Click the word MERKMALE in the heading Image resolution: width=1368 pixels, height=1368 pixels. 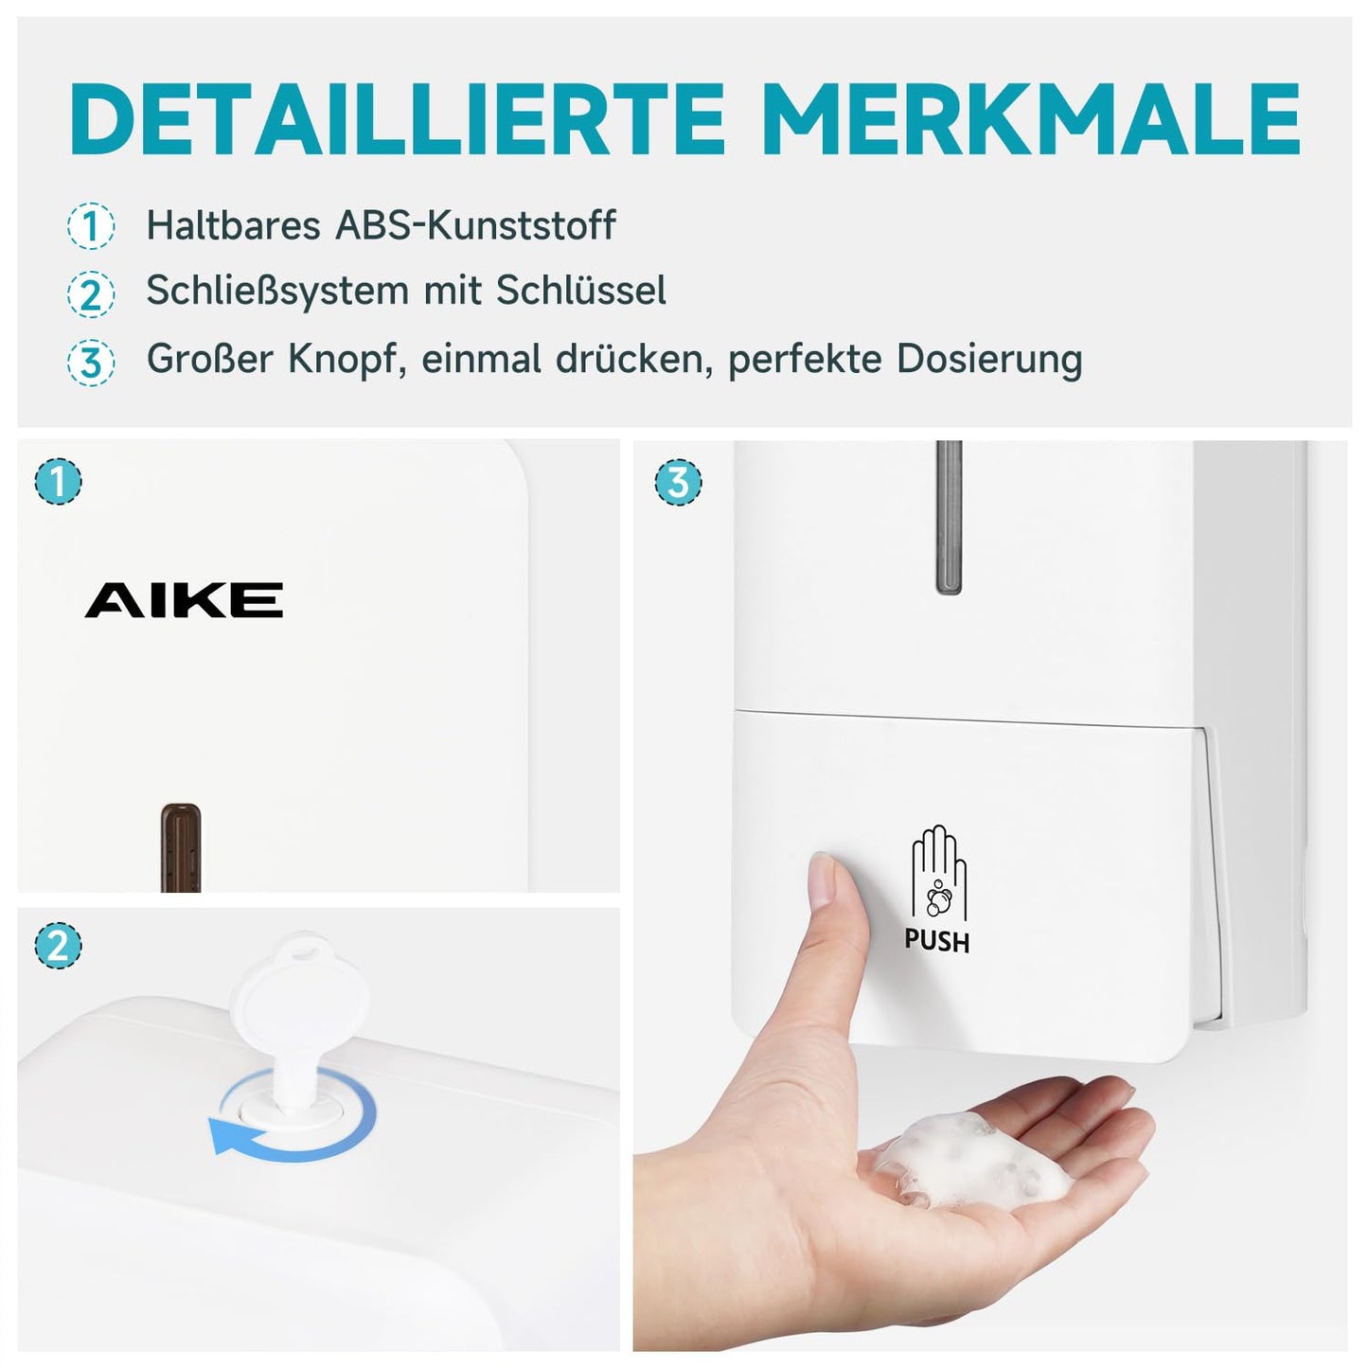[x=1033, y=118]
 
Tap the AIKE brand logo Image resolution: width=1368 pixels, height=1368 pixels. [x=184, y=600]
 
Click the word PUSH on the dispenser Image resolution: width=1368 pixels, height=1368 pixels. [x=936, y=941]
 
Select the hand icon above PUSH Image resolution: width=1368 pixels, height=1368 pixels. [x=938, y=872]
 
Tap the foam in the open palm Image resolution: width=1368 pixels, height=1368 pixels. [x=975, y=1163]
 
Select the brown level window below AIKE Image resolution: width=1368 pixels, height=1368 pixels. [x=181, y=847]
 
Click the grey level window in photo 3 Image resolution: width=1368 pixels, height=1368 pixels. [x=949, y=517]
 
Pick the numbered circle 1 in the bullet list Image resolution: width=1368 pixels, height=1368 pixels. [x=91, y=225]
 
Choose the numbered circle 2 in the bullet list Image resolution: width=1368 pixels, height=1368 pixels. [x=91, y=293]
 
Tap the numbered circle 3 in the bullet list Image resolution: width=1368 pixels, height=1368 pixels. [x=91, y=362]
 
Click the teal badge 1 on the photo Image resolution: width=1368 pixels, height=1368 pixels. [x=58, y=481]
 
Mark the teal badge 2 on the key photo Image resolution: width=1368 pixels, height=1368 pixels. [x=58, y=946]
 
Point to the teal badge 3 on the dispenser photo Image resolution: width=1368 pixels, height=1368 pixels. [x=678, y=482]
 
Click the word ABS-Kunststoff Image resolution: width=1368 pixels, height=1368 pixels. [x=475, y=225]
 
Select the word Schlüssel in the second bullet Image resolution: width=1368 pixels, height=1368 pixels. [x=580, y=290]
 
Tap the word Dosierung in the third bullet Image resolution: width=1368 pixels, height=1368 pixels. [x=989, y=359]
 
